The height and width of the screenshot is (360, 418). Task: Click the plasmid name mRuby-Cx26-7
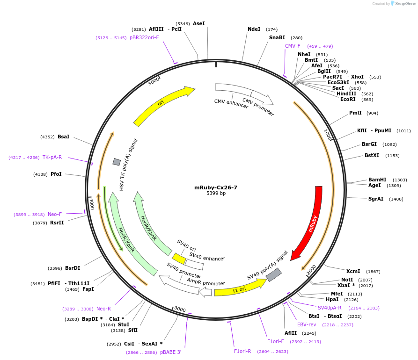click(x=216, y=187)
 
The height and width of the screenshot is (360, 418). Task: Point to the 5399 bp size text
click(x=216, y=194)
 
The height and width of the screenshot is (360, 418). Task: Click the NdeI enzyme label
click(x=254, y=29)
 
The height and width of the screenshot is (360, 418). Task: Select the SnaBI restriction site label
click(x=277, y=38)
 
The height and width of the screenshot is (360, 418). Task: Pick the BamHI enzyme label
click(x=377, y=180)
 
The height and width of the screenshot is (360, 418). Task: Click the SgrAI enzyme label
click(x=375, y=199)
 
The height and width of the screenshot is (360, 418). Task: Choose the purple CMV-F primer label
click(x=293, y=46)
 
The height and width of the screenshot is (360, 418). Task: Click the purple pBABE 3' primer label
click(x=170, y=352)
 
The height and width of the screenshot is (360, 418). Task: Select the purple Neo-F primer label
click(x=55, y=214)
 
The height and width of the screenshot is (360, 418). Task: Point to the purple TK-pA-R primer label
click(x=52, y=157)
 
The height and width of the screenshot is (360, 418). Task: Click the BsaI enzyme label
click(x=63, y=137)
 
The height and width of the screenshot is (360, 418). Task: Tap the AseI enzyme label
click(x=199, y=23)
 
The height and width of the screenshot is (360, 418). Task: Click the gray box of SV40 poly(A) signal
click(x=274, y=275)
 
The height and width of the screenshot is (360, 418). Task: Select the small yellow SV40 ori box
click(x=179, y=259)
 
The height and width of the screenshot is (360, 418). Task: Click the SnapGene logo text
click(x=405, y=4)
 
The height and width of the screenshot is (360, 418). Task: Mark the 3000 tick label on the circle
click(x=180, y=310)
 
